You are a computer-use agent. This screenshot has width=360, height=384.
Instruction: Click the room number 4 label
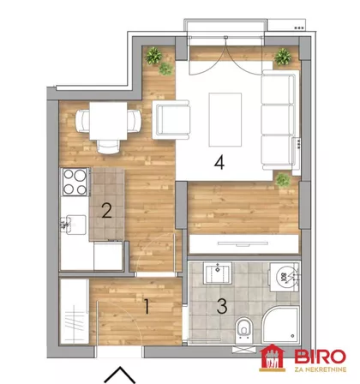(219, 163)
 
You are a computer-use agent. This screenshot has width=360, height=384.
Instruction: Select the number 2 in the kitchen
(106, 211)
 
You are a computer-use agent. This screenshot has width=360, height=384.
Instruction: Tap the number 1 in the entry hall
(147, 307)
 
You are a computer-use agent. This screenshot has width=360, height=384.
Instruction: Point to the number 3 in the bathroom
(222, 306)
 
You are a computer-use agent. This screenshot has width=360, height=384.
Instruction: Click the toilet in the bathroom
(243, 332)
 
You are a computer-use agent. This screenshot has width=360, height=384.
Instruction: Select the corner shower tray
(280, 325)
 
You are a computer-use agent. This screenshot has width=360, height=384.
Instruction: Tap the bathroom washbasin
(218, 273)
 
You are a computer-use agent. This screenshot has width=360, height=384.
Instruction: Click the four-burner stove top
(75, 182)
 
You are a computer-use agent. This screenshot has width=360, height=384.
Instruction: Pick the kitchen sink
(74, 225)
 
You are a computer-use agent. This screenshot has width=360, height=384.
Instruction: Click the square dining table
(108, 121)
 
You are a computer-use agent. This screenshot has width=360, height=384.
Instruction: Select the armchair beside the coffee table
(171, 119)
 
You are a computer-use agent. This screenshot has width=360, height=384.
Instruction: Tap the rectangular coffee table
(225, 120)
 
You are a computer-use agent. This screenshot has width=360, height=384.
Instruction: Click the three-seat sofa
(279, 120)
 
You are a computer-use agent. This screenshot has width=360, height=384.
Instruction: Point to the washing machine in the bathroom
(285, 277)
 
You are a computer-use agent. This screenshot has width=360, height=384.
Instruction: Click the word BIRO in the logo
(320, 357)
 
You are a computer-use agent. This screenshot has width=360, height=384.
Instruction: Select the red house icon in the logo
(272, 357)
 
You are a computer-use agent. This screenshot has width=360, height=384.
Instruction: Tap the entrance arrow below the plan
(120, 375)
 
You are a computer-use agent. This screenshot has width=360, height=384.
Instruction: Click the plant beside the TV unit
(283, 180)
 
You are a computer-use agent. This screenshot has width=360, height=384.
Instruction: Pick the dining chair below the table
(108, 147)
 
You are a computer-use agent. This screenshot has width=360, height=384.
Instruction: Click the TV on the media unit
(243, 243)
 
